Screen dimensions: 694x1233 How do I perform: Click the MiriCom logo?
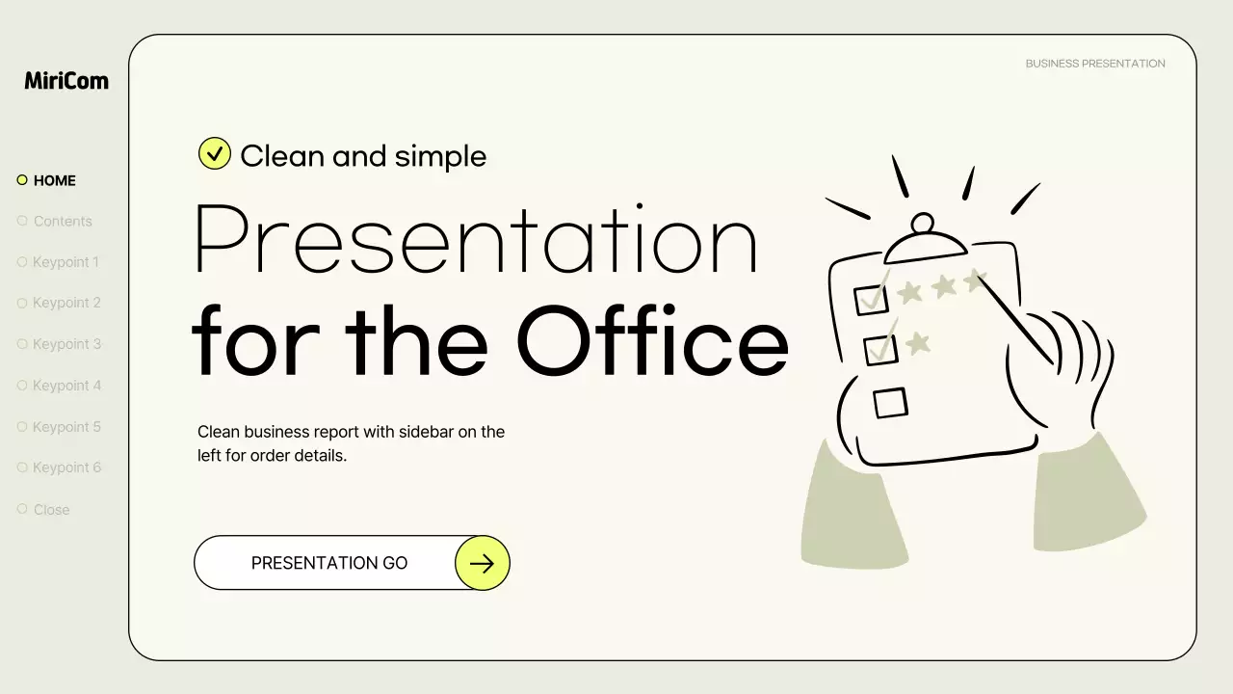click(x=66, y=81)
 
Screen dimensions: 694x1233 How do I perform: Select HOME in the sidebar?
click(x=54, y=180)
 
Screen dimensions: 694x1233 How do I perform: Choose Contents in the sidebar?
click(x=63, y=221)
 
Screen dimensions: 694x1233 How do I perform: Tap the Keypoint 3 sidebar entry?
click(x=66, y=344)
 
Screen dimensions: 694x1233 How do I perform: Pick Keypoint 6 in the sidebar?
click(x=66, y=467)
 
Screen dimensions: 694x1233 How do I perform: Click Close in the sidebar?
click(x=51, y=510)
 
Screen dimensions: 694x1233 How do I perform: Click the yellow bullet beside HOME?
click(x=22, y=180)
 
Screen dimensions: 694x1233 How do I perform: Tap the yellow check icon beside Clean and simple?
click(x=215, y=153)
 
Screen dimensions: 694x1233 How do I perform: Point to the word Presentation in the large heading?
click(x=476, y=241)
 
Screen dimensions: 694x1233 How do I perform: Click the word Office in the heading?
click(x=652, y=341)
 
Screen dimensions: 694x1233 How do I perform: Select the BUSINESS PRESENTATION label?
click(x=1095, y=64)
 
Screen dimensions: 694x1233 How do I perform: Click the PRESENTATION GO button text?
click(x=329, y=563)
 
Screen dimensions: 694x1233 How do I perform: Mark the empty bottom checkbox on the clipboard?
click(x=891, y=402)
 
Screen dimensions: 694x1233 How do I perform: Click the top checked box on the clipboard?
click(x=872, y=300)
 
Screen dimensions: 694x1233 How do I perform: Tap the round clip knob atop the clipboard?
click(x=923, y=224)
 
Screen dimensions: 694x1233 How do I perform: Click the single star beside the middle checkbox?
click(x=918, y=342)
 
